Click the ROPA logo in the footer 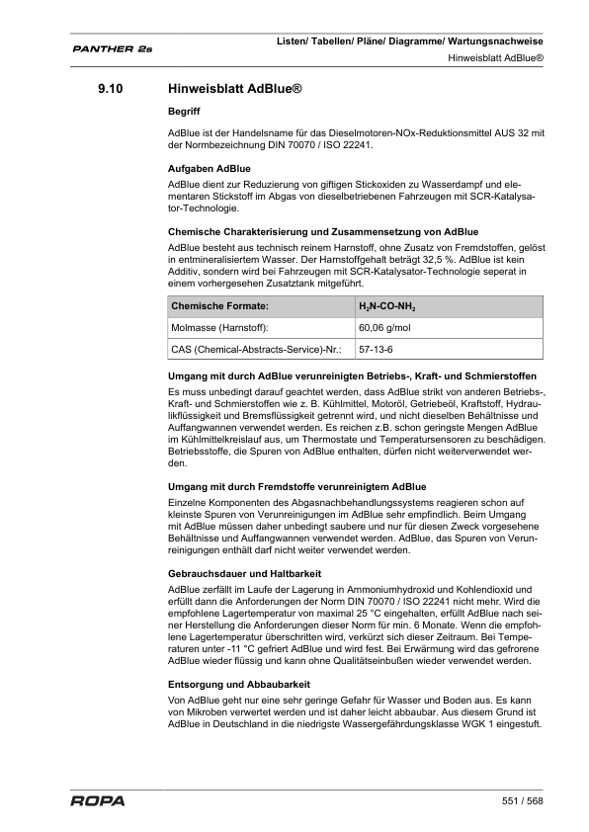pyautogui.click(x=98, y=800)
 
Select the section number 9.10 pyautogui.click(x=110, y=90)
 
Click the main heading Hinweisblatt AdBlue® pyautogui.click(x=234, y=90)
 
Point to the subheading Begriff pyautogui.click(x=185, y=113)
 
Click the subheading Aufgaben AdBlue pyautogui.click(x=210, y=169)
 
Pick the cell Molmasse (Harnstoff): pyautogui.click(x=220, y=328)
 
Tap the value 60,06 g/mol pyautogui.click(x=384, y=328)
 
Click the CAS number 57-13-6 pyautogui.click(x=375, y=350)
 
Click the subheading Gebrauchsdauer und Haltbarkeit pyautogui.click(x=246, y=573)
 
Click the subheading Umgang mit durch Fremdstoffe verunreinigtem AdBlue pyautogui.click(x=297, y=487)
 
